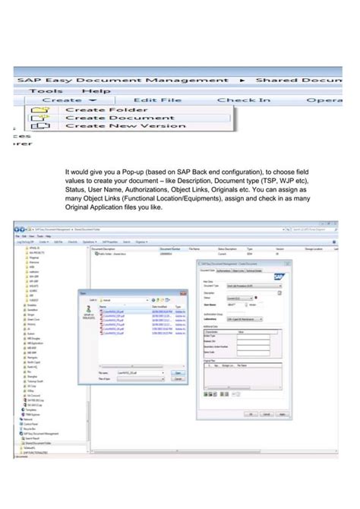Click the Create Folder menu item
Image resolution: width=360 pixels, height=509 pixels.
click(96, 109)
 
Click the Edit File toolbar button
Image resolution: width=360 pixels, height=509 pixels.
click(156, 100)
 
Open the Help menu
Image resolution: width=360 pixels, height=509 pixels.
click(96, 89)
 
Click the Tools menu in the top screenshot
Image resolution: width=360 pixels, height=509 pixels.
click(46, 89)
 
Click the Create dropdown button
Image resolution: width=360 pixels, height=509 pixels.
click(69, 100)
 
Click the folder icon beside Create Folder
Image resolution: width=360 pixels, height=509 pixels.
click(37, 109)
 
